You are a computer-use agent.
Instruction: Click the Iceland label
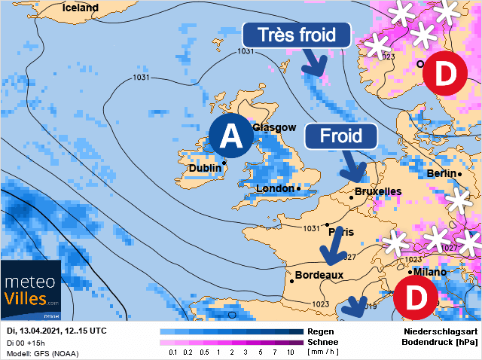81,8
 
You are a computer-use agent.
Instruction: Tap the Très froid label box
297,35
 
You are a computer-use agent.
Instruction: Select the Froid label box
340,136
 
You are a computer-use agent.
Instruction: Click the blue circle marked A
231,136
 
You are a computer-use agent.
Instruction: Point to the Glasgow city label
275,128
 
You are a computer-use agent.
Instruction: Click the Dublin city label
204,168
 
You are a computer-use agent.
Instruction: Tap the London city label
276,188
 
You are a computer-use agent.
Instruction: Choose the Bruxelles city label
377,192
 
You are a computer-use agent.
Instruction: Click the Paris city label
343,232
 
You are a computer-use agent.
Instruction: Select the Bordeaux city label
319,276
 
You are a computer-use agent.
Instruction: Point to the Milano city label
430,272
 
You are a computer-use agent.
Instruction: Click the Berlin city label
441,173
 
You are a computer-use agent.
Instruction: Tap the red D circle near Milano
414,296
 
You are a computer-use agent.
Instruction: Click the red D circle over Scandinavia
444,73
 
